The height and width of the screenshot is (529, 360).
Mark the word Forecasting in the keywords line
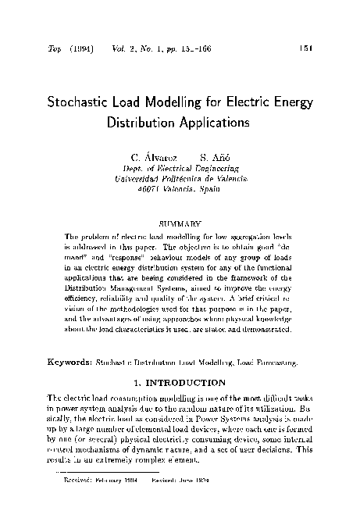pyautogui.click(x=277, y=363)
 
